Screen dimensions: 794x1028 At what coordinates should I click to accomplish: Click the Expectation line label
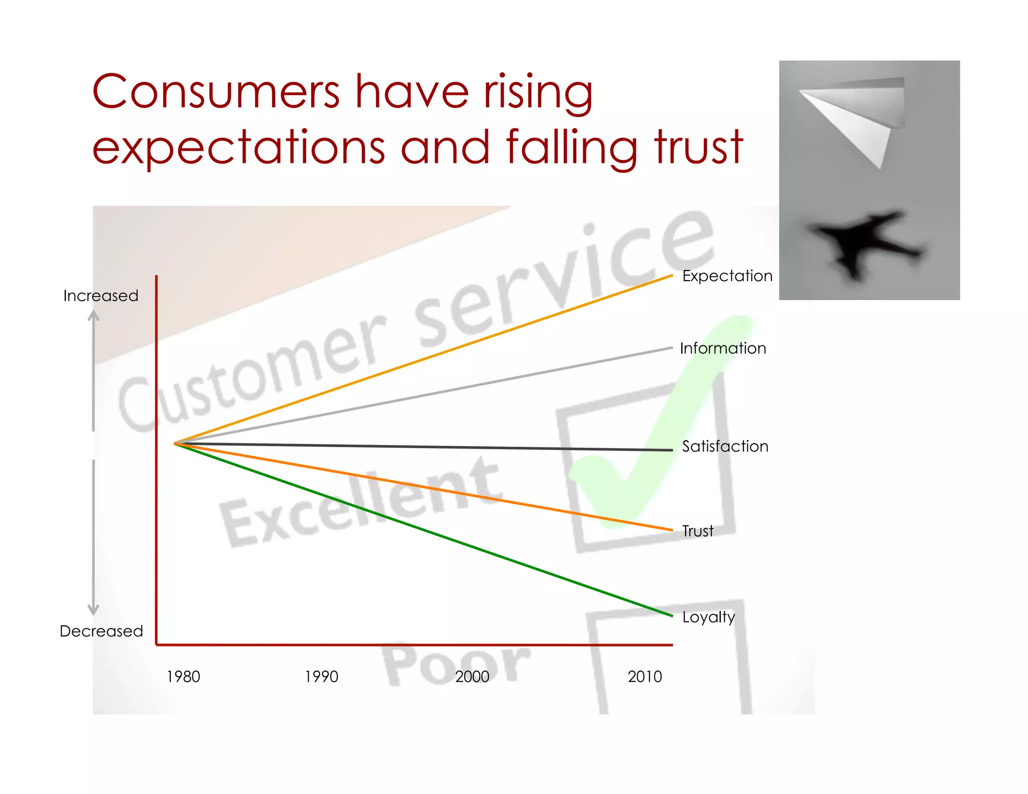(x=727, y=276)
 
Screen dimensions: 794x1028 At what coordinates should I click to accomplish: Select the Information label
(x=723, y=348)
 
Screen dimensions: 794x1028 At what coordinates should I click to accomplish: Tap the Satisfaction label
(x=725, y=446)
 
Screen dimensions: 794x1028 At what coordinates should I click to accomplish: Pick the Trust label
(x=697, y=531)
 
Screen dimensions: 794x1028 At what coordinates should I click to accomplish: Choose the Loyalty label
(x=708, y=617)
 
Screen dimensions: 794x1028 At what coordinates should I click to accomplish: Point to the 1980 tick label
(x=183, y=677)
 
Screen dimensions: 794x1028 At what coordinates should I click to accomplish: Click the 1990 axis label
(x=321, y=677)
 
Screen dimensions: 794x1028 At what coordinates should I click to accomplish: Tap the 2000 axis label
(x=472, y=677)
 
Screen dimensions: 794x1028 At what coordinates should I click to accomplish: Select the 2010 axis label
(x=645, y=677)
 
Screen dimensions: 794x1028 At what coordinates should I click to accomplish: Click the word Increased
(x=101, y=296)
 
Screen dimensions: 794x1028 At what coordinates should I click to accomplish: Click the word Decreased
(x=101, y=631)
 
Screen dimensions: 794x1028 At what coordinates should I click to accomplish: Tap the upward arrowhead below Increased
(x=93, y=315)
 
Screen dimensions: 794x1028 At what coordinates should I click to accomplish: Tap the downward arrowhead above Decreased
(x=93, y=610)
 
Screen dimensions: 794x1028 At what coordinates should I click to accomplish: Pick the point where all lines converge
(x=175, y=444)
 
